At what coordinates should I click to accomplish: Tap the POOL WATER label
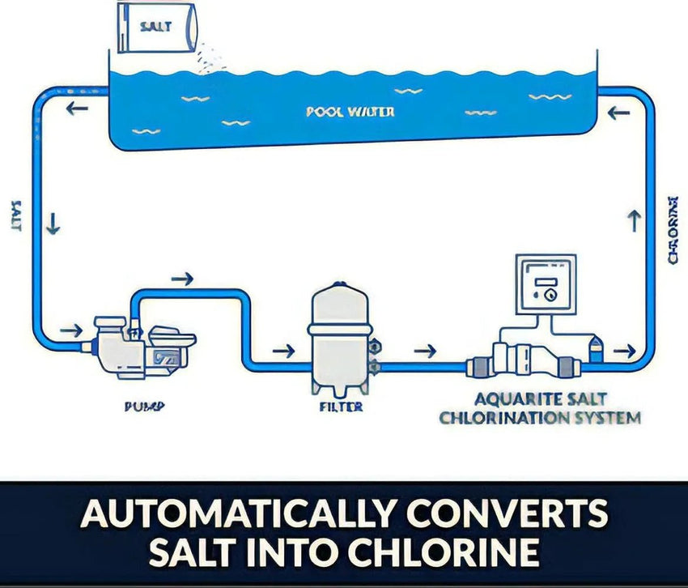(x=350, y=111)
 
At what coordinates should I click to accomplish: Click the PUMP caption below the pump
(x=143, y=407)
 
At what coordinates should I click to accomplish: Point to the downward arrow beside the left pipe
(x=53, y=224)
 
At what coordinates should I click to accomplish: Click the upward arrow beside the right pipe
(x=635, y=220)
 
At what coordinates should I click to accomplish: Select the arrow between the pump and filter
(x=284, y=351)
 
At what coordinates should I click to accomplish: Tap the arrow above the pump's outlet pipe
(x=183, y=279)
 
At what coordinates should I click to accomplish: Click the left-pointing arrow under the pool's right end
(x=618, y=113)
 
